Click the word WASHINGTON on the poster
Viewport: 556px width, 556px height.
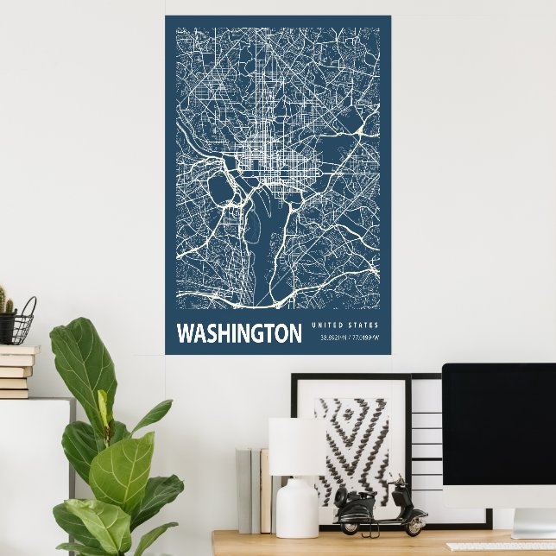point(239,333)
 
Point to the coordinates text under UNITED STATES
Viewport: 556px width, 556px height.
point(349,337)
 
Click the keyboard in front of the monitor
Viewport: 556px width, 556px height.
point(509,547)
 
